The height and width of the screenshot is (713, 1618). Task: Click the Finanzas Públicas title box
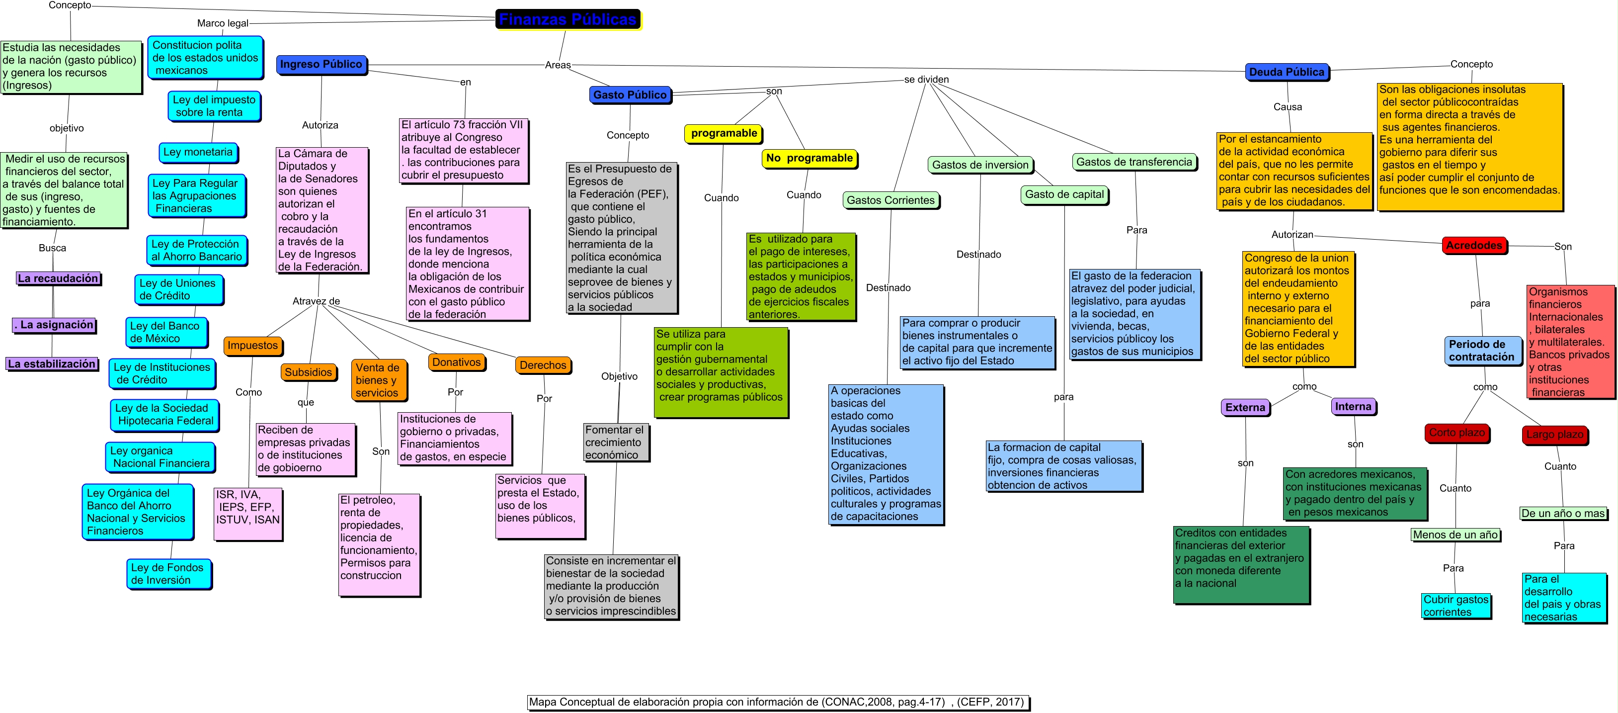point(568,19)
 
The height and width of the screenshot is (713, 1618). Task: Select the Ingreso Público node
point(321,64)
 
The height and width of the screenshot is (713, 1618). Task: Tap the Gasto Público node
point(630,95)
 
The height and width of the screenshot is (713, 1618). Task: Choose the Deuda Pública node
point(1287,72)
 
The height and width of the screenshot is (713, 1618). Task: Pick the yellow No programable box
point(809,158)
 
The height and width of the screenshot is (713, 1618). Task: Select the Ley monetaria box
point(198,152)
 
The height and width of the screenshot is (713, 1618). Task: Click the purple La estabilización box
point(52,364)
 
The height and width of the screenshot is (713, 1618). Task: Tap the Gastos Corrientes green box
point(890,200)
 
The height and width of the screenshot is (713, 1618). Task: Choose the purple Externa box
point(1245,407)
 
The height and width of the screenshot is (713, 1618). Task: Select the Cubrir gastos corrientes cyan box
point(1456,606)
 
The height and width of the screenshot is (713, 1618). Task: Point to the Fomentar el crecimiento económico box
point(616,442)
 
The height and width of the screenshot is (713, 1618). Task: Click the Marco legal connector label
point(222,23)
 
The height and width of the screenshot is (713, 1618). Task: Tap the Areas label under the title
point(557,65)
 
